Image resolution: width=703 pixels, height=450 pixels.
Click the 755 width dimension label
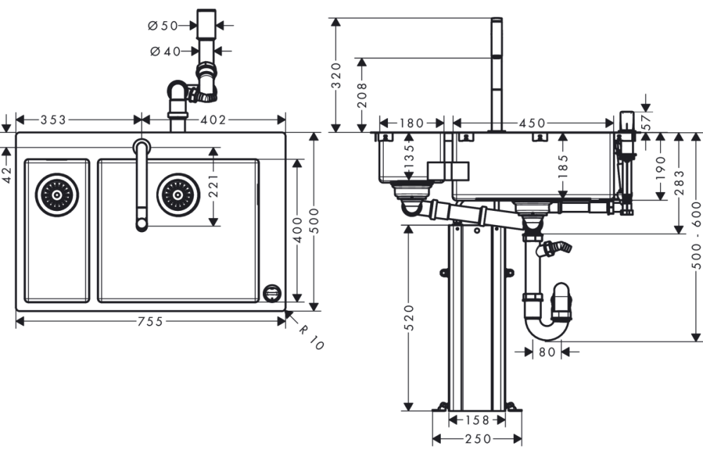pos(150,321)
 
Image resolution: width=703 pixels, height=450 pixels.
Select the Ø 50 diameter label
pos(163,25)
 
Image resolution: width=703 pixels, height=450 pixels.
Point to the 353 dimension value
pos(53,120)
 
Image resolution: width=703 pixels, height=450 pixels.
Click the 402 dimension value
pos(213,120)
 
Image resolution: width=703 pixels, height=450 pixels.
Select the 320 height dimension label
pos(336,75)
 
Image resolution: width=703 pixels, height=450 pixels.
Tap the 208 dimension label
pos(361,94)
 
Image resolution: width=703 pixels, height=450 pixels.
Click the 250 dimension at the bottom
pos(477,438)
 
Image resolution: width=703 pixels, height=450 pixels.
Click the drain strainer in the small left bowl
pos(57,194)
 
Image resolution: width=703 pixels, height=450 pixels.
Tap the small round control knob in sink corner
pos(271,292)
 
